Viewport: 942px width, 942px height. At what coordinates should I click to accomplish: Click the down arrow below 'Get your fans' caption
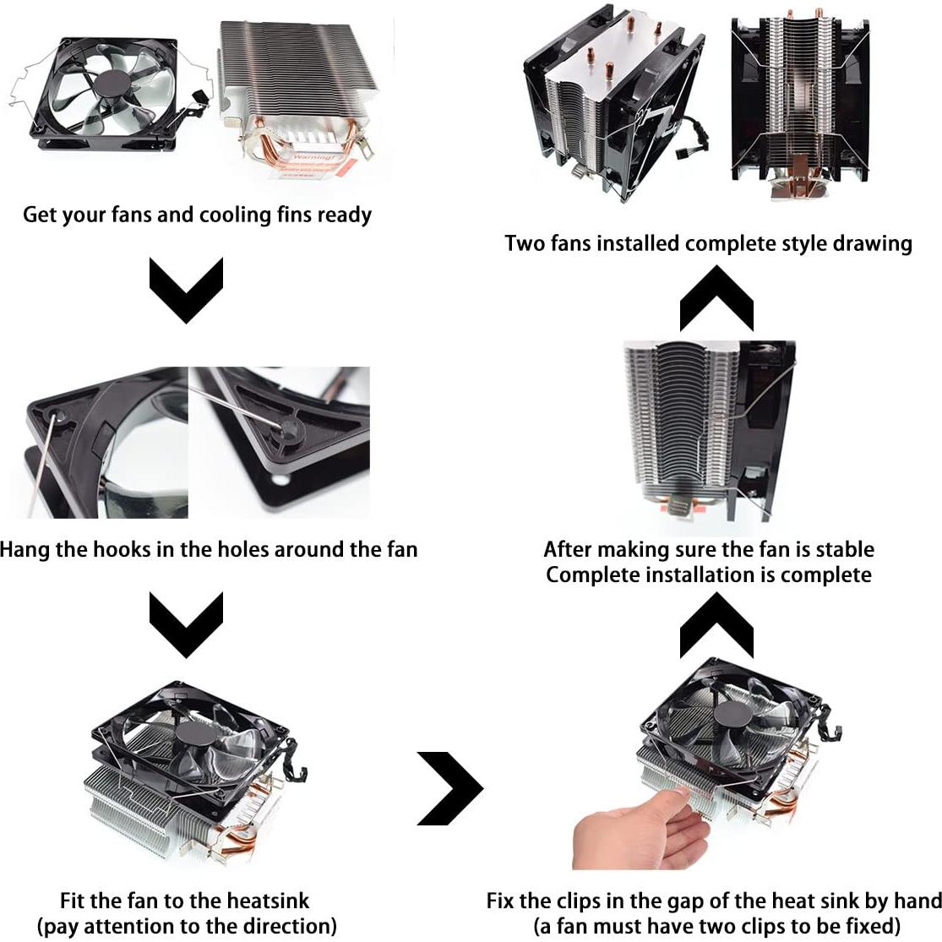[x=186, y=290]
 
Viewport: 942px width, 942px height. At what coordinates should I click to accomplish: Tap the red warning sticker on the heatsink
[x=314, y=164]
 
